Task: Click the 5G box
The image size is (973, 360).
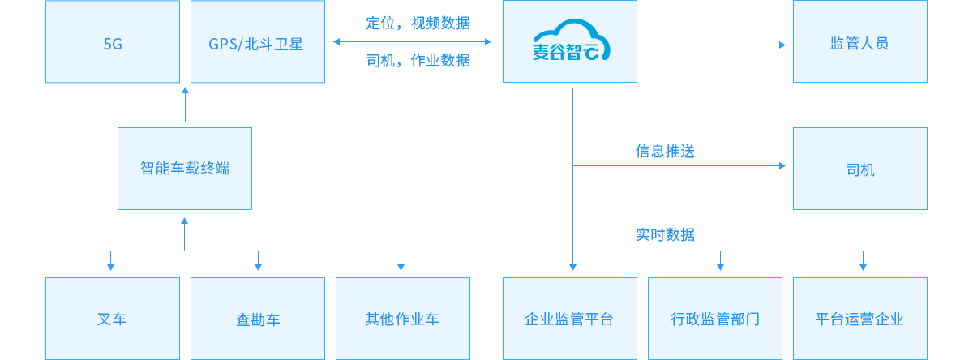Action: [x=113, y=42]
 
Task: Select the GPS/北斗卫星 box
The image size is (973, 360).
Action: [x=256, y=42]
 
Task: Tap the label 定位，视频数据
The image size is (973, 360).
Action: [x=418, y=23]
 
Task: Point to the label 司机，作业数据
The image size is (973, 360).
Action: [x=418, y=61]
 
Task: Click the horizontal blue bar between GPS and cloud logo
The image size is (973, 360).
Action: [x=411, y=41]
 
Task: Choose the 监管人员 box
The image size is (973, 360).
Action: [x=859, y=42]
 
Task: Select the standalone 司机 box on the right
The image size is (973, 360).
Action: [x=859, y=169]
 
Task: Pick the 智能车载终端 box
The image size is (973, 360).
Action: [x=185, y=169]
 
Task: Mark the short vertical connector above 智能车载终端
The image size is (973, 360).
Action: [x=185, y=105]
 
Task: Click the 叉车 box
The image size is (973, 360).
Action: [x=113, y=319]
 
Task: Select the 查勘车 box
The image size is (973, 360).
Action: [x=257, y=319]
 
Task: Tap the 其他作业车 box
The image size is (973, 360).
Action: [x=402, y=319]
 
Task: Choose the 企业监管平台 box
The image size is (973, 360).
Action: [x=569, y=319]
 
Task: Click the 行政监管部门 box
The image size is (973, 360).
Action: [x=714, y=319]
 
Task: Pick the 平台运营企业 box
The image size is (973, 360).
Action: [x=859, y=319]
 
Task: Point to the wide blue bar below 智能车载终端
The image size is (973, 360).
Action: [x=255, y=243]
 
